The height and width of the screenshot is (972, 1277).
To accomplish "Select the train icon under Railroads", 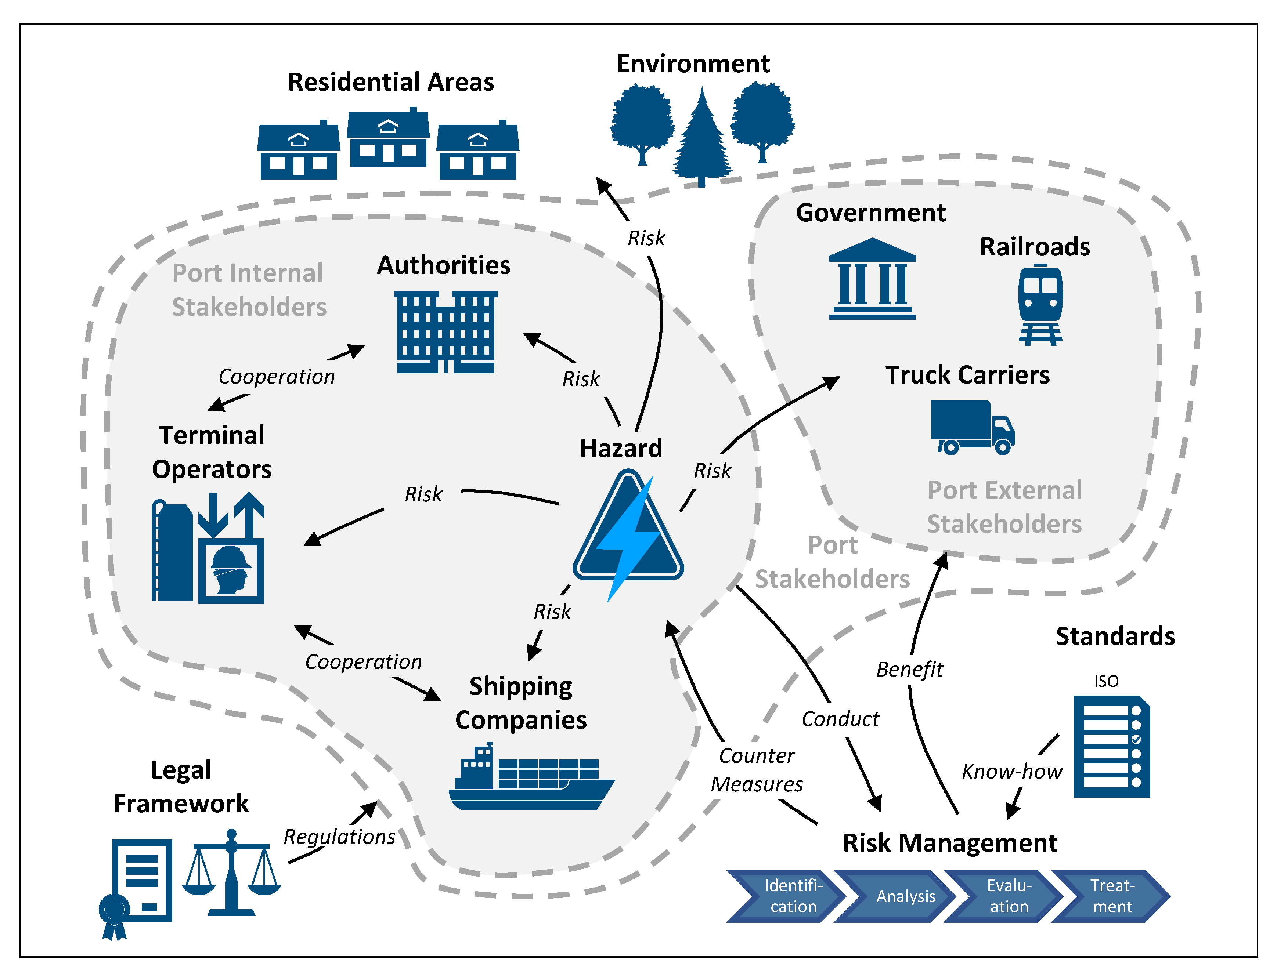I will [1040, 304].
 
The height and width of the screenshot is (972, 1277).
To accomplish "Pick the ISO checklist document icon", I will [1111, 746].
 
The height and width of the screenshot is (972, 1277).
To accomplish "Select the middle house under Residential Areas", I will [388, 139].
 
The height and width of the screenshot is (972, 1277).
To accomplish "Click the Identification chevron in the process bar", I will [784, 896].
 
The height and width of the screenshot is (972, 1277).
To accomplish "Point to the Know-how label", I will [1011, 771].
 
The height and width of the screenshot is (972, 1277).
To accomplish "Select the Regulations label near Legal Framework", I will [339, 837].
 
